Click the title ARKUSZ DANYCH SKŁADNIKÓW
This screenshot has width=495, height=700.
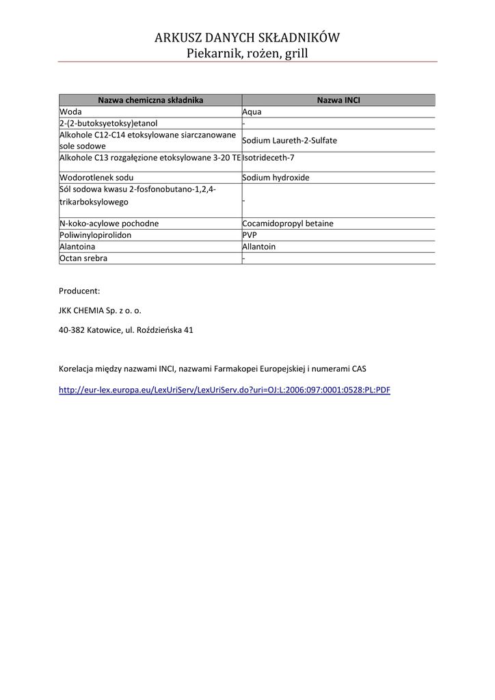coord(247,38)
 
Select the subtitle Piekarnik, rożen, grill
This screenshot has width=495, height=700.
coord(247,53)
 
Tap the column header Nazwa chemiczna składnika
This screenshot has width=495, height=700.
coord(150,100)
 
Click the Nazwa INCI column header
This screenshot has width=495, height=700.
coord(338,100)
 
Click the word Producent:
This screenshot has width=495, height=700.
coord(79,291)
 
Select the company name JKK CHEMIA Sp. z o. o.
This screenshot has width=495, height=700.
coord(100,310)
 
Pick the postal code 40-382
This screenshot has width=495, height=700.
coord(72,330)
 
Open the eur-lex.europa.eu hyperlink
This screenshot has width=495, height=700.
coord(224,390)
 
